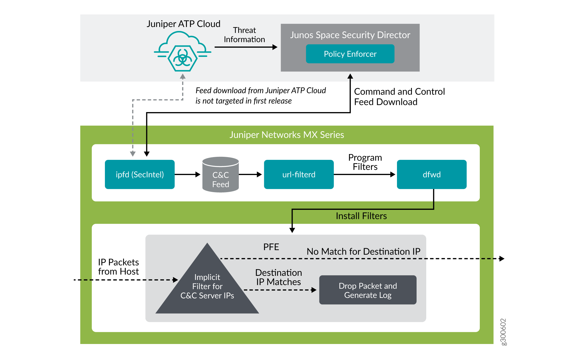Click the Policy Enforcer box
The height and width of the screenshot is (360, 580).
(x=350, y=54)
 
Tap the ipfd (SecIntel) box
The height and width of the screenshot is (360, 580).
(x=140, y=174)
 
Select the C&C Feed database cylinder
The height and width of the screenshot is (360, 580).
(x=220, y=175)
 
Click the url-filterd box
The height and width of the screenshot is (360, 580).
(x=299, y=174)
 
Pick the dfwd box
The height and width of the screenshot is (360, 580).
(x=431, y=174)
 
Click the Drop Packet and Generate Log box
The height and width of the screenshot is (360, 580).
(x=368, y=290)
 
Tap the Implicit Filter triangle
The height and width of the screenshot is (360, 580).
(x=207, y=287)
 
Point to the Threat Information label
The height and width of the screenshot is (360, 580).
(x=244, y=35)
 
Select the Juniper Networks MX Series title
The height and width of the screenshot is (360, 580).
(x=287, y=135)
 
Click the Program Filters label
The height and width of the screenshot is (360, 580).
(x=365, y=162)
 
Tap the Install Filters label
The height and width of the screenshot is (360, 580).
(x=361, y=216)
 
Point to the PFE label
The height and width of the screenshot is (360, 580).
(x=271, y=247)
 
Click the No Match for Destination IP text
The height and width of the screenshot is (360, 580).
(x=363, y=252)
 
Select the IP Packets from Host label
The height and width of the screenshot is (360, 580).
(x=118, y=267)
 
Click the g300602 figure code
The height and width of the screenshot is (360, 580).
(x=503, y=332)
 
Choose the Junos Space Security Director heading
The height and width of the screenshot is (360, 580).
(x=350, y=35)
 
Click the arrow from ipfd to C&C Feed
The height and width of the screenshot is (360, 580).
(x=187, y=174)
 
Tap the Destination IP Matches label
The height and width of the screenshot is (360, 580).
(x=279, y=277)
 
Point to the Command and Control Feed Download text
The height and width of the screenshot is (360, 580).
(x=399, y=97)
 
